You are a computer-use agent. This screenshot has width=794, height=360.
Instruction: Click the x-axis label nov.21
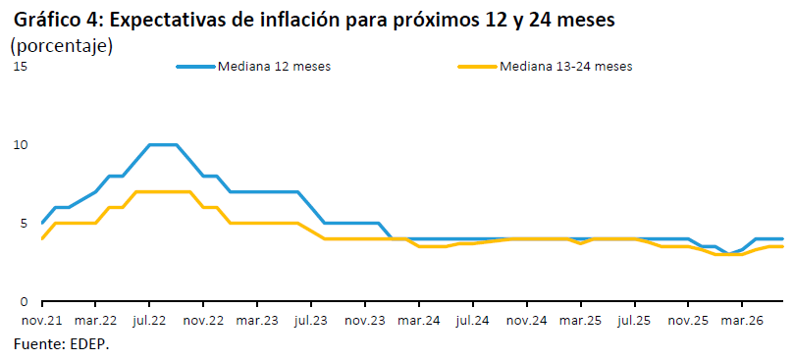41,321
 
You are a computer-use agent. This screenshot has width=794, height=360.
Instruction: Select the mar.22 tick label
95,321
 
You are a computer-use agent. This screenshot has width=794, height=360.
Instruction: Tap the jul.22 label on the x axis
149,321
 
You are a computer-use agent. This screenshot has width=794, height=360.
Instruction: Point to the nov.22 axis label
203,321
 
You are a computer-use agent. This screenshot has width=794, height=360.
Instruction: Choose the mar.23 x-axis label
257,321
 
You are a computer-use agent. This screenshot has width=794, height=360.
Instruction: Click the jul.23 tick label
310,321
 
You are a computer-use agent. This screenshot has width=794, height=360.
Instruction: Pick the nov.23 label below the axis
364,321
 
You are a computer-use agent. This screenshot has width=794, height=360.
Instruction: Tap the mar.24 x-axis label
418,321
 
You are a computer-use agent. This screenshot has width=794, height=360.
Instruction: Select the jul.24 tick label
472,321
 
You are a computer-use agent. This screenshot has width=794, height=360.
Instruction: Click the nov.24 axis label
526,321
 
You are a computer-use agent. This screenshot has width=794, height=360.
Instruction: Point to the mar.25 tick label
580,321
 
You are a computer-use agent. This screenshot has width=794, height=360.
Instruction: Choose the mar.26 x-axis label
741,321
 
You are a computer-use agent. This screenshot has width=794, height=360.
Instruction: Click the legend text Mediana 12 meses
274,67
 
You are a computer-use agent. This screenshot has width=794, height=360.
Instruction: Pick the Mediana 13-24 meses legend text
565,67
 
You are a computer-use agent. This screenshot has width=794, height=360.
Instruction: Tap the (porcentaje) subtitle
61,45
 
